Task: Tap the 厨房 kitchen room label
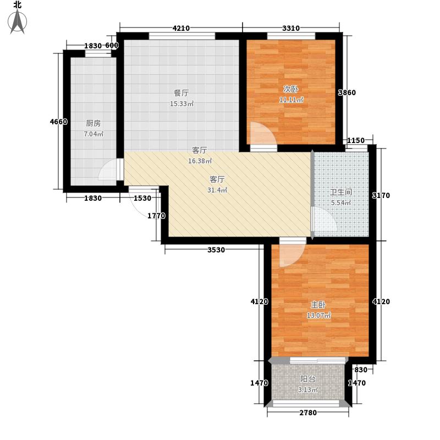93,124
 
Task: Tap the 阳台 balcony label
308,379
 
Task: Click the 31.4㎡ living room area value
218,190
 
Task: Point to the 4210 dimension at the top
181,29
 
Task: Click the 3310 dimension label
291,29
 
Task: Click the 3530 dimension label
216,251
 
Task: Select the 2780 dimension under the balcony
308,413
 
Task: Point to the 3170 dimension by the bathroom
381,195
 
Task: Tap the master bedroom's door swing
290,255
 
